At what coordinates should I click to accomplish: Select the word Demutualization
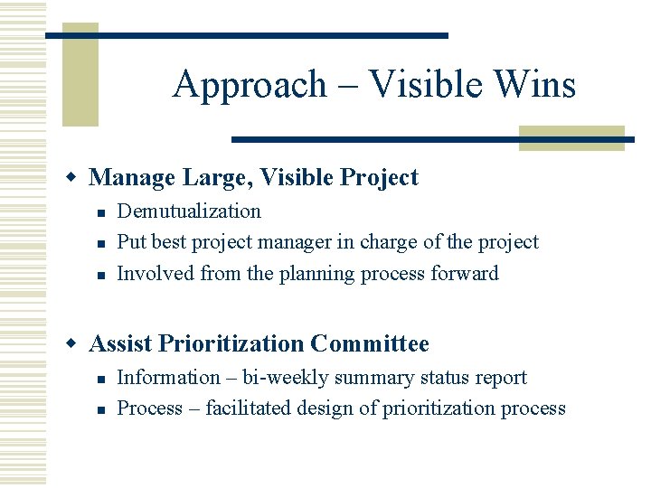pyautogui.click(x=189, y=211)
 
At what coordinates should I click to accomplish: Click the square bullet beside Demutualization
pyautogui.click(x=102, y=212)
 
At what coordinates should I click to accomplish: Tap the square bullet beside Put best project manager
pyautogui.click(x=102, y=243)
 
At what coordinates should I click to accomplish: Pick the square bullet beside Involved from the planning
pyautogui.click(x=102, y=274)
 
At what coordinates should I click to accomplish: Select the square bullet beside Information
pyautogui.click(x=102, y=379)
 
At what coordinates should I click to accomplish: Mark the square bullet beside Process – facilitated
pyautogui.click(x=102, y=409)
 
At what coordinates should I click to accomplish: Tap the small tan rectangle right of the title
pyautogui.click(x=571, y=137)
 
